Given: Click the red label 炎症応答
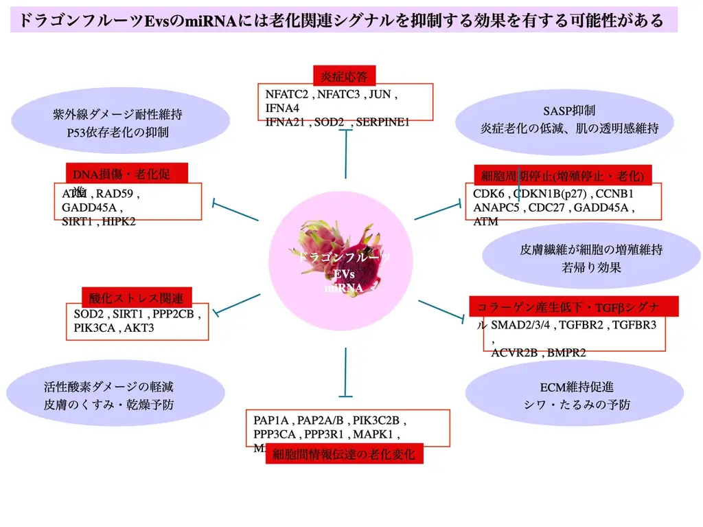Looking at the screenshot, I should pos(344,76).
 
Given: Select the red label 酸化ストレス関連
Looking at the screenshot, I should pos(136,298).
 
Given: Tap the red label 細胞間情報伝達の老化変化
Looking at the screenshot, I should pos(344,454).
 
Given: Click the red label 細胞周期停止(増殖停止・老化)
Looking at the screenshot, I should pos(562,176).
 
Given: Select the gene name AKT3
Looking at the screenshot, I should pos(139,328).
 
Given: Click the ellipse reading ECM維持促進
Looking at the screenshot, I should pos(575,395).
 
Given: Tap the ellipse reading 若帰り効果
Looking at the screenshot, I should pos(590,258).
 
